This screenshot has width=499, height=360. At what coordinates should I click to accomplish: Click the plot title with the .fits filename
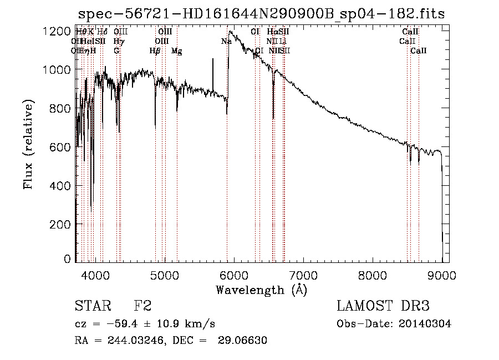[x=261, y=14]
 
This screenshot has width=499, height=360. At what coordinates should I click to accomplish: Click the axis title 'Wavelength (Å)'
[x=261, y=290]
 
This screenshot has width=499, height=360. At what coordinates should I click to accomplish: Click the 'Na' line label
[x=226, y=41]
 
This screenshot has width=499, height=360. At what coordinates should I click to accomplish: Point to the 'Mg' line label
[x=177, y=51]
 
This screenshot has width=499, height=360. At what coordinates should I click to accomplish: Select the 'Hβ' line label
[x=155, y=51]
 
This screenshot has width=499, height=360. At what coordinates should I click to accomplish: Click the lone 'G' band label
[x=116, y=51]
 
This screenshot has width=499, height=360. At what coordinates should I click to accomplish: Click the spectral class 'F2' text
[x=143, y=306]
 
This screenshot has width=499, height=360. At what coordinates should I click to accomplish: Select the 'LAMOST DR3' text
[x=383, y=306]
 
